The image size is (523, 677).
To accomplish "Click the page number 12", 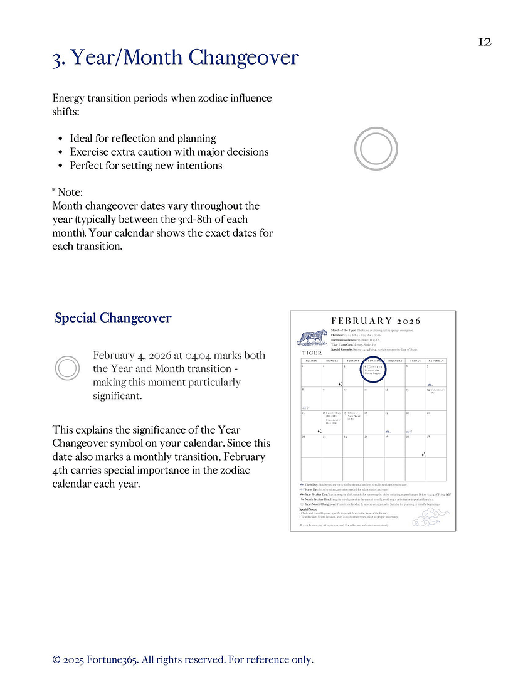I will pos(484,41).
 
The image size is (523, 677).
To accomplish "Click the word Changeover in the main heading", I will pos(243,58).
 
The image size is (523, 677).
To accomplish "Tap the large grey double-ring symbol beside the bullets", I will pos(376,149).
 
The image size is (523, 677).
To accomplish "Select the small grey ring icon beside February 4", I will pos(68,368).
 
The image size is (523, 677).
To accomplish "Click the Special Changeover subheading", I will pos(113,318).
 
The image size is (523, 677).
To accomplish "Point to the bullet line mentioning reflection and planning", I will pos(143,138).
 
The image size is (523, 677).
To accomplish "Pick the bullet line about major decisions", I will pos(169,152).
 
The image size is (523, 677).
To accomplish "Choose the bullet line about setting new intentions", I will pos(146,166).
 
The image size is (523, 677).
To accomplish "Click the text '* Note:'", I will pos(68,192).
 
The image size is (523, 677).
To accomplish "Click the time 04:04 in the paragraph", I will pos(199,356).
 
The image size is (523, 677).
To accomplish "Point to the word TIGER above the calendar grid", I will pos(312,353).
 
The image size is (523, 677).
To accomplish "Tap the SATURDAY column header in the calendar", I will pos(436,361).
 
